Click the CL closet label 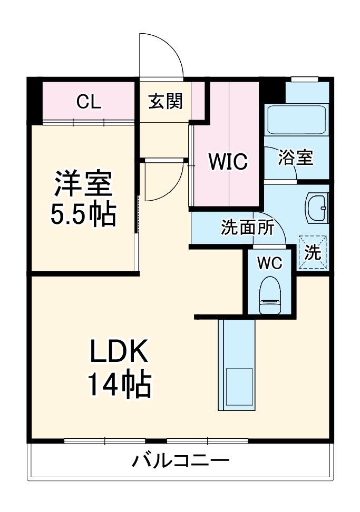88,101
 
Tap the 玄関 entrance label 165,101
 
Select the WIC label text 227,162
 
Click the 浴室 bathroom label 296,157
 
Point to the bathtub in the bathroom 296,120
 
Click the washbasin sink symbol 317,208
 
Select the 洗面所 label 247,228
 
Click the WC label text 270,262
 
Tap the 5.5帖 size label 83,214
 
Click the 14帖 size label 120,385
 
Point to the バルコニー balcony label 181,461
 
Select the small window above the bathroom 305,80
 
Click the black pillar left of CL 34,100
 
